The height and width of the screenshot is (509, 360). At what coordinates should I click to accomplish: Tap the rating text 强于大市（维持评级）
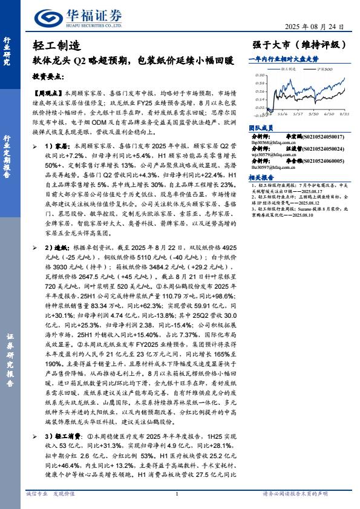click(x=298, y=45)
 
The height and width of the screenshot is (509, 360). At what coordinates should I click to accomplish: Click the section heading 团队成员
click(x=261, y=128)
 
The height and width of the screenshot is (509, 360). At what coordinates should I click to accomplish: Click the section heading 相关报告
click(x=261, y=177)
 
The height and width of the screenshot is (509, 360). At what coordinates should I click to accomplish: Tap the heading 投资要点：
click(x=47, y=77)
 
